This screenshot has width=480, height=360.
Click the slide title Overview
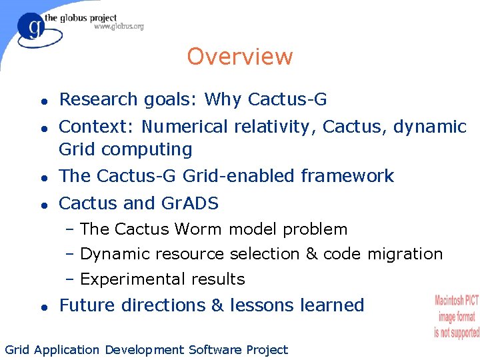pos(239,57)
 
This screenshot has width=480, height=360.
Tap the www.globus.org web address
pos(119,27)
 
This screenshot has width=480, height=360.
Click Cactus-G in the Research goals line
pos(287,99)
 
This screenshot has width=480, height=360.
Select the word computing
pos(152,149)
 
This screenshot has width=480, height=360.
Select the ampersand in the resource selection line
pos(293,254)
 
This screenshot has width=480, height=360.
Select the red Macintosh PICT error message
pos(457,316)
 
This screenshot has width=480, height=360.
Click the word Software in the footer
pos(215,350)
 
